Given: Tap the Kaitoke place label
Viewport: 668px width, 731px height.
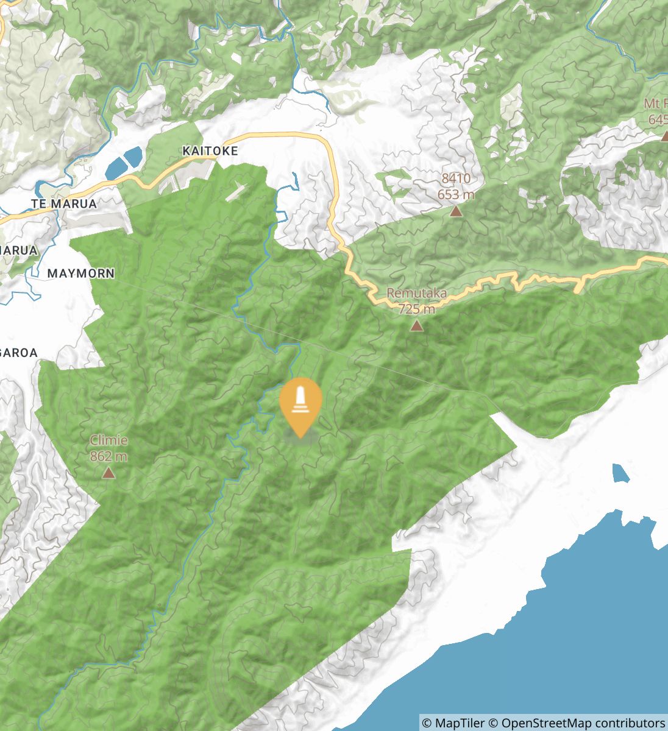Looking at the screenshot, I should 210,150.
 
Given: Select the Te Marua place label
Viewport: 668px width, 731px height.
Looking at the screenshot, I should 65,203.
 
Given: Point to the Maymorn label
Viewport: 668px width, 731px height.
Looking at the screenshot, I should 80,274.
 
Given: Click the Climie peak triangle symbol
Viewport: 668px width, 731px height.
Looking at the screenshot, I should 108,473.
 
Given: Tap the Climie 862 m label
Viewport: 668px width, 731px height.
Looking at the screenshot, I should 108,448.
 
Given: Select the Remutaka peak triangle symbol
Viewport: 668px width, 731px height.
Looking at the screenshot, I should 417,326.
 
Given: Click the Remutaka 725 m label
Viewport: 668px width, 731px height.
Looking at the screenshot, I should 417,301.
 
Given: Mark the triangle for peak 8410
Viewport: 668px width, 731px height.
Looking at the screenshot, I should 455,211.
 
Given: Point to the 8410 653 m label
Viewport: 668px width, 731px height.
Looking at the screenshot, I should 456,186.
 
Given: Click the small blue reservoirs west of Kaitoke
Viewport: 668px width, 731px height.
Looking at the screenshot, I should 124,162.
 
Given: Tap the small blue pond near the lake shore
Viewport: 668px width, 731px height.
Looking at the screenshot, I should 620,473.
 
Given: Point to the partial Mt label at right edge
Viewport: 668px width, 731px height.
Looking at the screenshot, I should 655,104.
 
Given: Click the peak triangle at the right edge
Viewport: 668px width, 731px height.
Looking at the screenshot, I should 664,136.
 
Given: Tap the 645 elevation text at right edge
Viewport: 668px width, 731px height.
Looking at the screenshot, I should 658,119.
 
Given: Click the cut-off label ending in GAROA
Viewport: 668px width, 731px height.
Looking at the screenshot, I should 19,353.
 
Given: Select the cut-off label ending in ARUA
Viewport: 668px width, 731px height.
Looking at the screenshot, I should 19,250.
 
